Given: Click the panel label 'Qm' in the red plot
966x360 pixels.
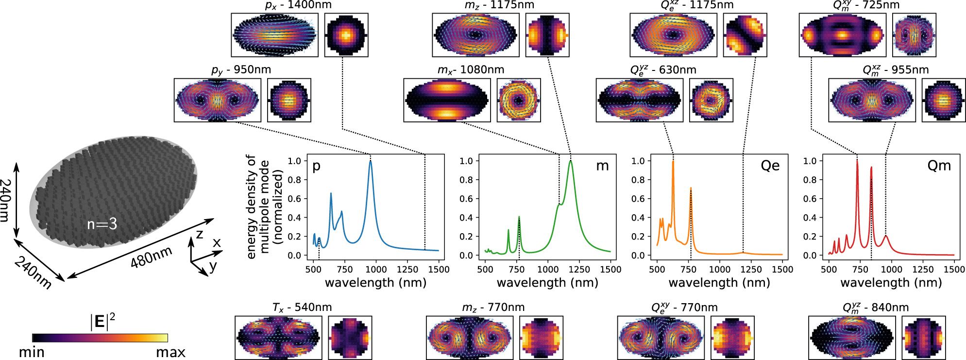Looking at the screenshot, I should pyautogui.click(x=939, y=166).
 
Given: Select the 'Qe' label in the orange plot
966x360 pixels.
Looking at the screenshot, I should pyautogui.click(x=770, y=166).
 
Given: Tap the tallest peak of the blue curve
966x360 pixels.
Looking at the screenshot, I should pyautogui.click(x=371, y=161).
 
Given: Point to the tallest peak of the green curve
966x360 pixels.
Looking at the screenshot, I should pyautogui.click(x=571, y=161).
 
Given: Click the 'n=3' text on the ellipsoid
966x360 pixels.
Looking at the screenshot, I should pyautogui.click(x=102, y=224).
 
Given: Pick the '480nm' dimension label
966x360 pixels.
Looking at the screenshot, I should pyautogui.click(x=151, y=257).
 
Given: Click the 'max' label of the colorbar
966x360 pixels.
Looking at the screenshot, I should pyautogui.click(x=170, y=352).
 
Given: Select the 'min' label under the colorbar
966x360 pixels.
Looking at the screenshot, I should pyautogui.click(x=32, y=352).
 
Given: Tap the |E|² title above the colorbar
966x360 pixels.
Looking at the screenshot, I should pyautogui.click(x=102, y=322).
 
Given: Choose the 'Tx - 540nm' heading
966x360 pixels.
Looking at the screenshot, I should pyautogui.click(x=302, y=308).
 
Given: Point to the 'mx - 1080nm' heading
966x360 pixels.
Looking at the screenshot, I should pyautogui.click(x=471, y=70).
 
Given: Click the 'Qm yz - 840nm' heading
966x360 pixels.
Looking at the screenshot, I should pyautogui.click(x=876, y=308).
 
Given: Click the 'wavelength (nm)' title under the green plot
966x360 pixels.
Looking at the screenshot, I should pyautogui.click(x=547, y=283).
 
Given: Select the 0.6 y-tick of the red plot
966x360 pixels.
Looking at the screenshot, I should pyautogui.click(x=810, y=199).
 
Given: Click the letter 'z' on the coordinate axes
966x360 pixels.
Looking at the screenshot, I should pyautogui.click(x=199, y=235).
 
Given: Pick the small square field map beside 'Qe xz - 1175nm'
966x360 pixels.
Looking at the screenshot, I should pyautogui.click(x=745, y=35).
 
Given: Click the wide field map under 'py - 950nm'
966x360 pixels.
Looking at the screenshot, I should pyautogui.click(x=217, y=100).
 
